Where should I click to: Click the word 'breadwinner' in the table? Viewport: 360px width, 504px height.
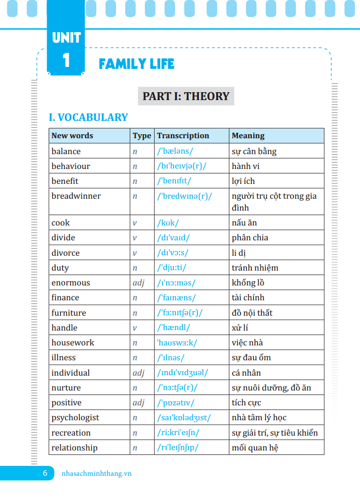(x=76, y=196)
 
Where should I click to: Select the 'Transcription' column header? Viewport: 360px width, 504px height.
(x=183, y=136)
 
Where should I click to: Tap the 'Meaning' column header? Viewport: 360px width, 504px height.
(x=248, y=136)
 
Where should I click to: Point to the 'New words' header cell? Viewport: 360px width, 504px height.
(x=72, y=136)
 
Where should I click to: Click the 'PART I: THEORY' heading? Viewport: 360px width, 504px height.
(x=186, y=96)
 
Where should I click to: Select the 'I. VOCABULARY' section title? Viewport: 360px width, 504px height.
(x=88, y=117)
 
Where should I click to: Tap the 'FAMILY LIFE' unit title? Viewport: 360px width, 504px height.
(x=136, y=64)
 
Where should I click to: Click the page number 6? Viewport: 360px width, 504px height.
(x=45, y=473)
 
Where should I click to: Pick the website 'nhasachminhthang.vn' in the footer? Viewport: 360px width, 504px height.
(x=96, y=473)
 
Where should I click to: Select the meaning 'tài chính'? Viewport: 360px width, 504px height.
(x=248, y=298)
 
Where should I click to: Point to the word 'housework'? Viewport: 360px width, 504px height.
(x=72, y=343)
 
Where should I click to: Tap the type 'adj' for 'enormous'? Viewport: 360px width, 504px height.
(x=138, y=283)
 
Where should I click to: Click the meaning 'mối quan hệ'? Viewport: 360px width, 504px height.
(x=255, y=448)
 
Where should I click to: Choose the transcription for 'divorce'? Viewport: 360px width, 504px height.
(x=173, y=253)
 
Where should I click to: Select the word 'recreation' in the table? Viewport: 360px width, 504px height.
(x=71, y=433)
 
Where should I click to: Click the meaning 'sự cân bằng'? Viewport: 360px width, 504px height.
(x=254, y=152)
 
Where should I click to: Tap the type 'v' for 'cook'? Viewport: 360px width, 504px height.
(x=135, y=223)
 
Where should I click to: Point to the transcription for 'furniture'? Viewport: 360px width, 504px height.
(x=180, y=313)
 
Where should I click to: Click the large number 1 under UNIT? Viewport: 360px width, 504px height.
(x=66, y=61)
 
